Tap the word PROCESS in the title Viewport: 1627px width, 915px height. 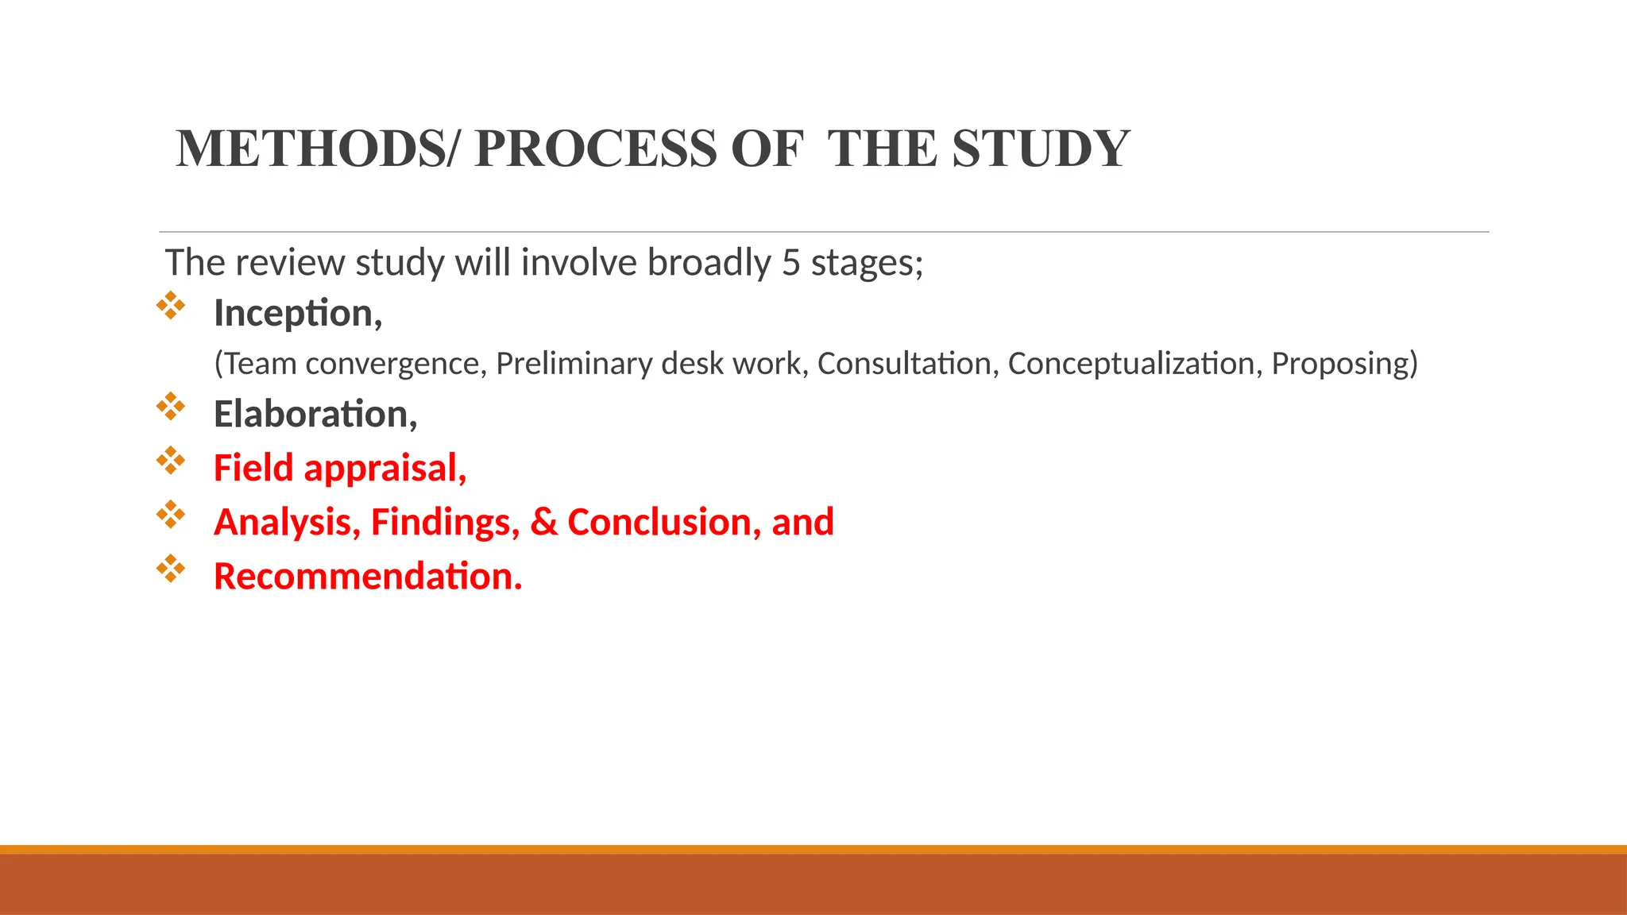pos(596,149)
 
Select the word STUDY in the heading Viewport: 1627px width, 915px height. pos(1041,149)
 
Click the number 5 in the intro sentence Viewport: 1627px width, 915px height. pos(790,263)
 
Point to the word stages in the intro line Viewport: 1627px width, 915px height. pos(866,264)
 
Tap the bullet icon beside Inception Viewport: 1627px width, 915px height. pos(171,306)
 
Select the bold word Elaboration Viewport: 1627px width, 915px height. pos(315,415)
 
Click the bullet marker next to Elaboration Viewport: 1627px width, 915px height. pos(171,407)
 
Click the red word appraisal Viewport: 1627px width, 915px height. pos(385,469)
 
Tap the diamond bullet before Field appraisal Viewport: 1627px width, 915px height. pos(171,461)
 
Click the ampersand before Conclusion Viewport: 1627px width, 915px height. pos(544,523)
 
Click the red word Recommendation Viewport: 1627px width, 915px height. pos(367,577)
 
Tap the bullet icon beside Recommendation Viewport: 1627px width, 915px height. pos(171,569)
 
